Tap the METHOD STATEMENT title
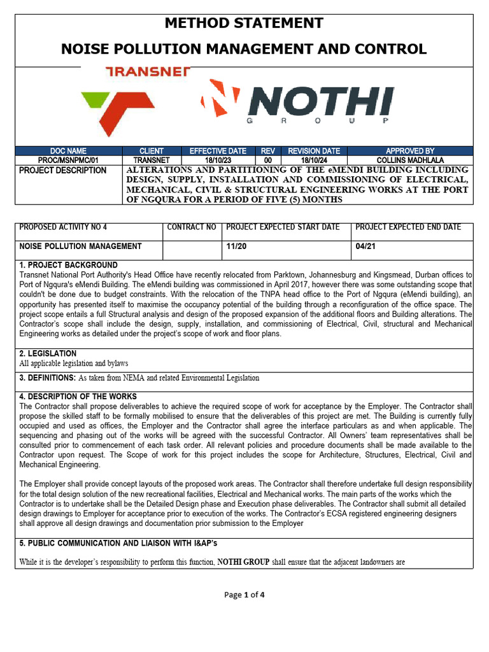pos(244,24)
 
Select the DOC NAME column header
pos(68,151)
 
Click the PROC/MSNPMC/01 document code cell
pos(68,160)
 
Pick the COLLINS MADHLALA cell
pos(410,160)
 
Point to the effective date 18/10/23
pos(218,160)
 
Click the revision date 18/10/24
pos(313,160)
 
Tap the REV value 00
pos(268,160)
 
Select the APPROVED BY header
pos(410,151)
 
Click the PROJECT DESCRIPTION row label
pos(63,171)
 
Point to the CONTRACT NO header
pos(191,227)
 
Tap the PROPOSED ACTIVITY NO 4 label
pos(64,227)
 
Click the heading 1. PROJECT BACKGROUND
pos(69,265)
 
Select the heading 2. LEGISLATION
pos(48,353)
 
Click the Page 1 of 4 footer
pos(244,595)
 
